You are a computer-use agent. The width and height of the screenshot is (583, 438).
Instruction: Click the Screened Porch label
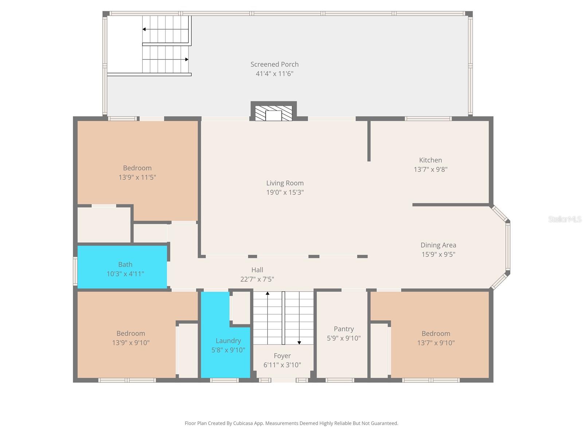pyautogui.click(x=274, y=64)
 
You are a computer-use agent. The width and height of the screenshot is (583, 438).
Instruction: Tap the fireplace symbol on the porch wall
pyautogui.click(x=274, y=114)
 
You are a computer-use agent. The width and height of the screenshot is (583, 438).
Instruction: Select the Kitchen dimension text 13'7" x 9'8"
pyautogui.click(x=430, y=169)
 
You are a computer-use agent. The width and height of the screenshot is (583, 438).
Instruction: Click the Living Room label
pyautogui.click(x=285, y=183)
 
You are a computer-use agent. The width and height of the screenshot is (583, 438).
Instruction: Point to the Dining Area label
pyautogui.click(x=438, y=245)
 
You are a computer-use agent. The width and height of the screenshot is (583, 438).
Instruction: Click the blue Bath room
pyautogui.click(x=122, y=267)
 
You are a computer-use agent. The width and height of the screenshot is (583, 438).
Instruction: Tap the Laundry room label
pyautogui.click(x=228, y=341)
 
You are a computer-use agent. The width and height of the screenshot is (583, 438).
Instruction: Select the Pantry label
pyautogui.click(x=344, y=329)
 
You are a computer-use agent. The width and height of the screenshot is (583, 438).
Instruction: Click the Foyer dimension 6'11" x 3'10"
pyautogui.click(x=282, y=365)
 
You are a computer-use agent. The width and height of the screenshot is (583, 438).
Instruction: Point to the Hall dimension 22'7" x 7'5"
pyautogui.click(x=257, y=279)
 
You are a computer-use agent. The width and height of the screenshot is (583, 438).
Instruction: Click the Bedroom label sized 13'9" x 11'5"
pyautogui.click(x=137, y=168)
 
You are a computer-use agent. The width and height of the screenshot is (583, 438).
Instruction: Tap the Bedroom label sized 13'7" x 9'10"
pyautogui.click(x=436, y=333)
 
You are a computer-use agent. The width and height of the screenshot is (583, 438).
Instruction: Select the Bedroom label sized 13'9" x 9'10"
pyautogui.click(x=130, y=333)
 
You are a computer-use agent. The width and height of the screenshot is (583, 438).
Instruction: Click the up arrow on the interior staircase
pyautogui.click(x=267, y=293)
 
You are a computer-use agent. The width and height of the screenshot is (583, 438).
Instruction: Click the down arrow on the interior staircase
pyautogui.click(x=299, y=343)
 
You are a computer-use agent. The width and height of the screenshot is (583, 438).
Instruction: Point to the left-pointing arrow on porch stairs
pyautogui.click(x=144, y=29)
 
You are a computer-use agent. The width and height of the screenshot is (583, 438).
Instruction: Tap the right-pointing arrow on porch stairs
pyautogui.click(x=187, y=59)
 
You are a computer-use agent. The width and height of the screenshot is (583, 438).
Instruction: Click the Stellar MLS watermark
pyautogui.click(x=564, y=219)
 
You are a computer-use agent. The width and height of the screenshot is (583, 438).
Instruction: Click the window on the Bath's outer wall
pyautogui.click(x=75, y=270)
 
